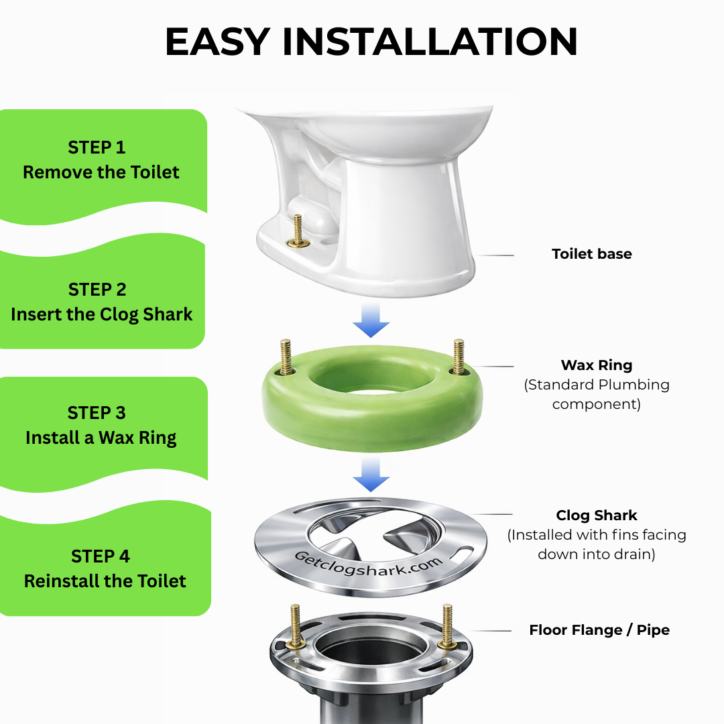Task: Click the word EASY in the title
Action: coord(217,42)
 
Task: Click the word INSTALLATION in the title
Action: coord(430,42)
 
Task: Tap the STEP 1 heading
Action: coord(97,147)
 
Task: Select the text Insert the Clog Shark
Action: coord(102,314)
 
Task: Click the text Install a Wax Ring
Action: coord(101,438)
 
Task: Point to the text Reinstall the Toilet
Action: coord(105,581)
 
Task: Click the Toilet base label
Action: coord(591,254)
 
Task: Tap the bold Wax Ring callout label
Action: coord(597,365)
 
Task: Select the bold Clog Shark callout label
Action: coord(597,515)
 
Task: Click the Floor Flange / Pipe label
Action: coord(599,629)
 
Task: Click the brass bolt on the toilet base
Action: coord(298,231)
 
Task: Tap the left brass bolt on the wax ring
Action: coord(286,357)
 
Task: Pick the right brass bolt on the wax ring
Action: coord(459,357)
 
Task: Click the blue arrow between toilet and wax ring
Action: coord(371,320)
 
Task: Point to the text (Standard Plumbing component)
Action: coord(597,394)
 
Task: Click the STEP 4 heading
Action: coord(100,556)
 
